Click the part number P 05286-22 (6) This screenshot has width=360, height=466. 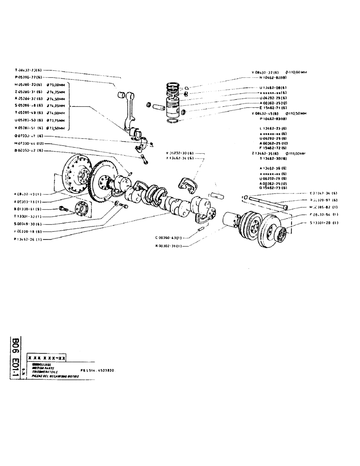click(28, 77)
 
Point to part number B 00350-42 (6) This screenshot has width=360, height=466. click(29, 151)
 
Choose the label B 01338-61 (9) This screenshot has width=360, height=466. click(28, 209)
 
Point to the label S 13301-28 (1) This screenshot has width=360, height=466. click(324, 223)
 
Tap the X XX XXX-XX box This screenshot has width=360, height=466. click(47, 358)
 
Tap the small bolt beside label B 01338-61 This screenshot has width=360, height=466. click(64, 208)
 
